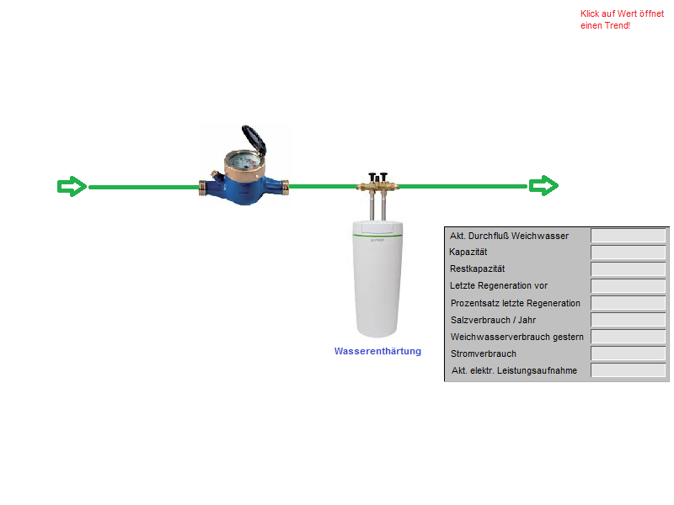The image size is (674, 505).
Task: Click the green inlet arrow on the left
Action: pyautogui.click(x=72, y=186)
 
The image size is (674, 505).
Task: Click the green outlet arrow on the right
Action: pyautogui.click(x=543, y=186)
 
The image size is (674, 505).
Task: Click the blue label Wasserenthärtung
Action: pyautogui.click(x=377, y=351)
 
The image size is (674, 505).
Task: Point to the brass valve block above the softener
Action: pyautogui.click(x=377, y=181)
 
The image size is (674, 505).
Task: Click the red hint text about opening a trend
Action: pyautogui.click(x=622, y=19)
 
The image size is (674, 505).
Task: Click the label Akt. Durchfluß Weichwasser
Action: pyautogui.click(x=509, y=236)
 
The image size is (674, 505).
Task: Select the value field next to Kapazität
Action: pyautogui.click(x=629, y=252)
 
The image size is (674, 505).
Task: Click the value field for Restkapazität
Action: pyautogui.click(x=629, y=269)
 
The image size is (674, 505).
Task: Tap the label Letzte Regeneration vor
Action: pyautogui.click(x=498, y=286)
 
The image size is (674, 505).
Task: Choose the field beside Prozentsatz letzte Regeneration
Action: pyautogui.click(x=629, y=303)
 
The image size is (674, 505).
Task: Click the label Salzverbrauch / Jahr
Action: pyautogui.click(x=493, y=320)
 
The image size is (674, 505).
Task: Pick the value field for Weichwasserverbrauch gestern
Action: pyautogui.click(x=629, y=337)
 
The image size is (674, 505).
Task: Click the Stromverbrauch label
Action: pyautogui.click(x=483, y=353)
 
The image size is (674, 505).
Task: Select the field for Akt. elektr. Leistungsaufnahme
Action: pyautogui.click(x=629, y=370)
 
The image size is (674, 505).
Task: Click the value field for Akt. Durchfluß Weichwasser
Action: pyautogui.click(x=629, y=236)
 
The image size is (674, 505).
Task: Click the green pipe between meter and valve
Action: pyautogui.click(x=324, y=186)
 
